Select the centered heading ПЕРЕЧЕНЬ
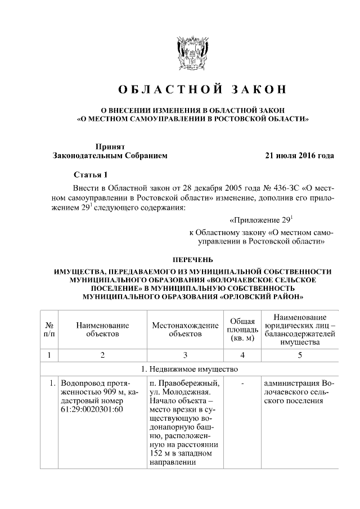tap(193, 260)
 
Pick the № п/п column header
tap(49, 330)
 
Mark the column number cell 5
tap(300, 355)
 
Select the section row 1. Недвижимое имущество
tap(190, 370)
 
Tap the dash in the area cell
tap(242, 384)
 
